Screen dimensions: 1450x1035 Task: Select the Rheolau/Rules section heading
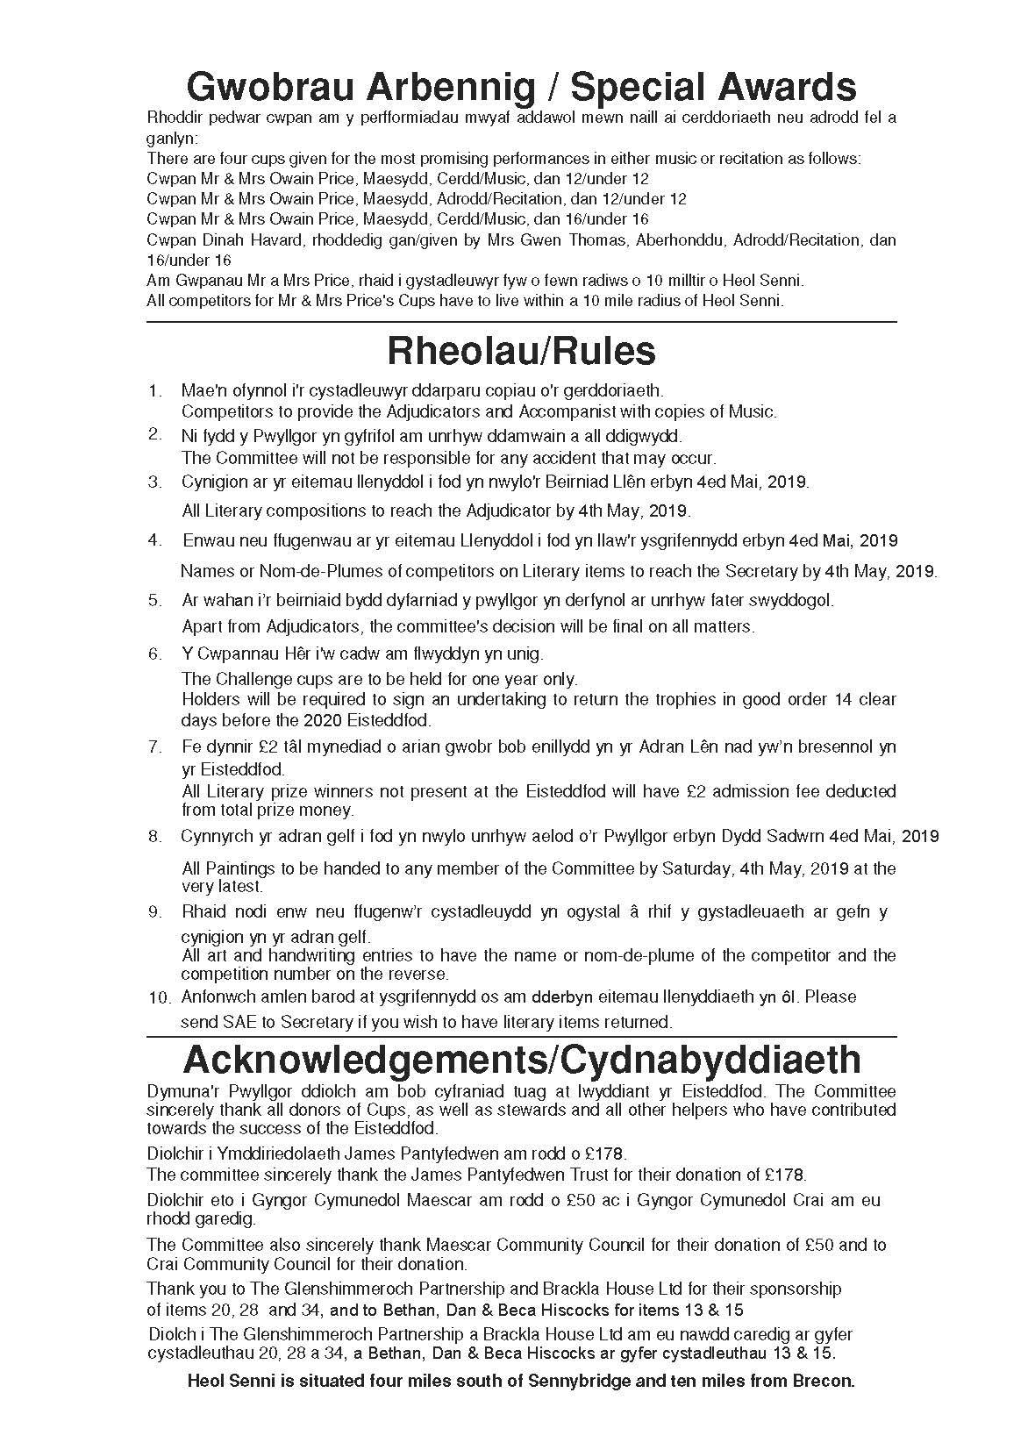coord(521,351)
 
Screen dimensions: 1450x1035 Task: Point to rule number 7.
coord(155,746)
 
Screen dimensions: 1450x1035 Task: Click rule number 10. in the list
coord(159,997)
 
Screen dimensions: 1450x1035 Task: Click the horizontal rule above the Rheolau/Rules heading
coord(521,322)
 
